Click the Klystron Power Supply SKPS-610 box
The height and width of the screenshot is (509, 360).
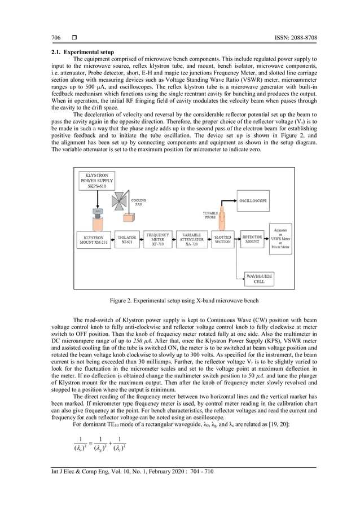click(x=97, y=181)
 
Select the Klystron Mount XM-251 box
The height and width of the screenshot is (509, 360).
click(x=93, y=240)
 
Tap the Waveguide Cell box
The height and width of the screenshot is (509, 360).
click(x=259, y=278)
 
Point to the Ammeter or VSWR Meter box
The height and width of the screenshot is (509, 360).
click(x=280, y=239)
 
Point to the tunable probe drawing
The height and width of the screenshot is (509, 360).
click(x=222, y=218)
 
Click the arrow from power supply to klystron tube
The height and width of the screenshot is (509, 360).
click(x=97, y=199)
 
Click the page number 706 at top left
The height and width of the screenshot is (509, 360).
click(x=56, y=38)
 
